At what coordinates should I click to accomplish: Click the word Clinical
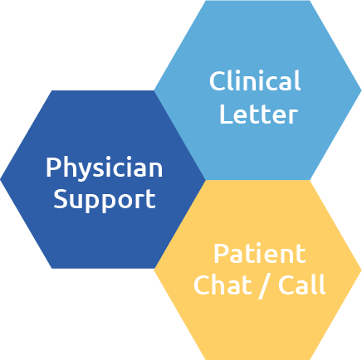tap(255, 80)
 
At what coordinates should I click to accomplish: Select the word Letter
tap(258, 114)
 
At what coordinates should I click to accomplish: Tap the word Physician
tap(105, 168)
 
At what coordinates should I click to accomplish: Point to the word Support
tap(105, 200)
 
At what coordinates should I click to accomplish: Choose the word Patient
tap(260, 254)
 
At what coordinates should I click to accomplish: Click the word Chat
tap(223, 285)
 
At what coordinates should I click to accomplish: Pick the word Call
tap(301, 285)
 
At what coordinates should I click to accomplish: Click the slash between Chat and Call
tap(264, 286)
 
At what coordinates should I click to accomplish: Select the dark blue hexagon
tap(103, 179)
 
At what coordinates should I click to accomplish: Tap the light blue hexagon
tap(257, 90)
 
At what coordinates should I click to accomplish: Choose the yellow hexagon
tap(257, 270)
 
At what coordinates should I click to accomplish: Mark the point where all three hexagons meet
tap(206, 180)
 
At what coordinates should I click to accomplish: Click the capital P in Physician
tap(53, 168)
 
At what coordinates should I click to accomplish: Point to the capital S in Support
tap(60, 199)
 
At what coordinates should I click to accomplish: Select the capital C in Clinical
tap(217, 81)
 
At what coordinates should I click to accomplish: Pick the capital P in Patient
tap(221, 254)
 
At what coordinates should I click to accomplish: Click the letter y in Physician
tap(86, 172)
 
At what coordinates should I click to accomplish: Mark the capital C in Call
tap(286, 285)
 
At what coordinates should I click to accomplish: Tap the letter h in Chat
tap(218, 285)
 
